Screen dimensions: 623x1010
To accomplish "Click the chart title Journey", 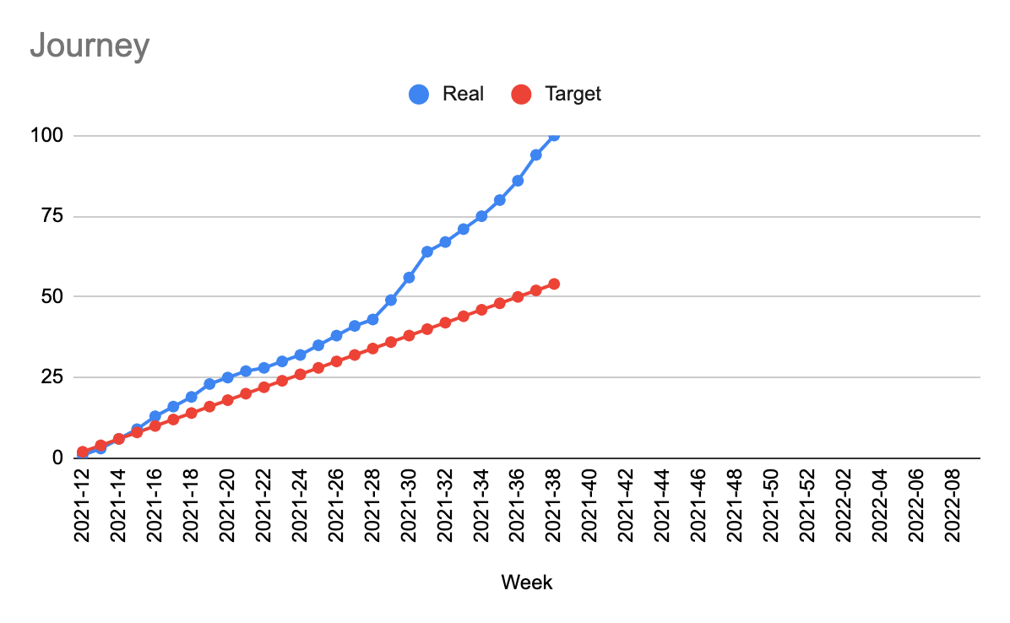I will (x=90, y=46).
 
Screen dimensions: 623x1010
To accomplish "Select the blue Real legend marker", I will (x=419, y=94).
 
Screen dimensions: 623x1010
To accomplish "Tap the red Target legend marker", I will (x=522, y=94).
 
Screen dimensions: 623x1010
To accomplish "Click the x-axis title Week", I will (x=527, y=582).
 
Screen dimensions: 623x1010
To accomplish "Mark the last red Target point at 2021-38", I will (x=554, y=284).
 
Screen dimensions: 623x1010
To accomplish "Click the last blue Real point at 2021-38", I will (x=554, y=135).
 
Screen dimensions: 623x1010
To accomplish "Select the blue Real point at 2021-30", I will (x=409, y=277).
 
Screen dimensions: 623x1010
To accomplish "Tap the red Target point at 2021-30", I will (x=409, y=335).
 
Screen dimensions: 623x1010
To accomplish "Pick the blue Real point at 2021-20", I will (x=227, y=377).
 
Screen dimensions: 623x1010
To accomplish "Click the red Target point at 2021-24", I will (x=300, y=374).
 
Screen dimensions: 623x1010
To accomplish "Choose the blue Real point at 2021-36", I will (x=518, y=181).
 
